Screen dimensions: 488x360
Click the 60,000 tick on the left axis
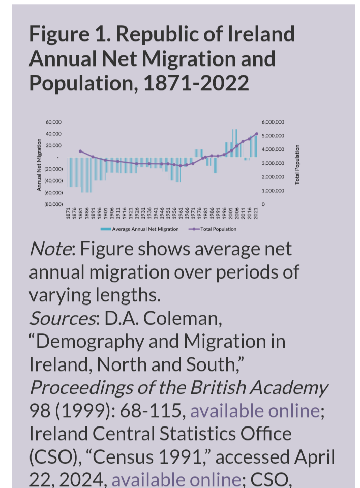(x=54, y=122)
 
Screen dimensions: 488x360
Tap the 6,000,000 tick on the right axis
(x=273, y=122)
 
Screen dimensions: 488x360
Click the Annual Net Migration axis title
(x=39, y=165)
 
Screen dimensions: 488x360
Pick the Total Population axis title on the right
(x=297, y=165)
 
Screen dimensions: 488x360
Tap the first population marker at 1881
(x=80, y=151)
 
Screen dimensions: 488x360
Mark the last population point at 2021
(x=257, y=134)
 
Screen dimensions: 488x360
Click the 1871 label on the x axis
(x=68, y=214)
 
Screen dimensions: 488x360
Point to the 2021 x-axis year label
(x=257, y=214)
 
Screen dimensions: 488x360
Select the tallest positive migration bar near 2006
(x=235, y=142)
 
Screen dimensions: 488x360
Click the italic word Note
(x=50, y=249)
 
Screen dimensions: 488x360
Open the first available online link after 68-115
(x=255, y=410)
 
